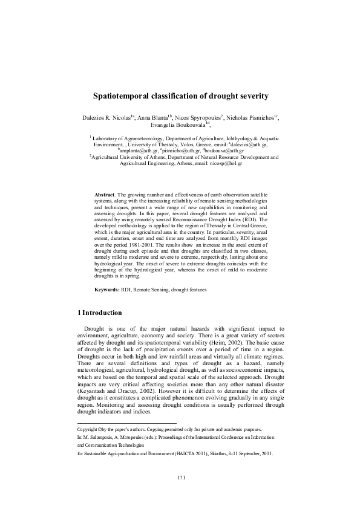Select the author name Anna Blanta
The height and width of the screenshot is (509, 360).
pos(153,117)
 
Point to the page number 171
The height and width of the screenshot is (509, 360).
pos(180,494)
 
